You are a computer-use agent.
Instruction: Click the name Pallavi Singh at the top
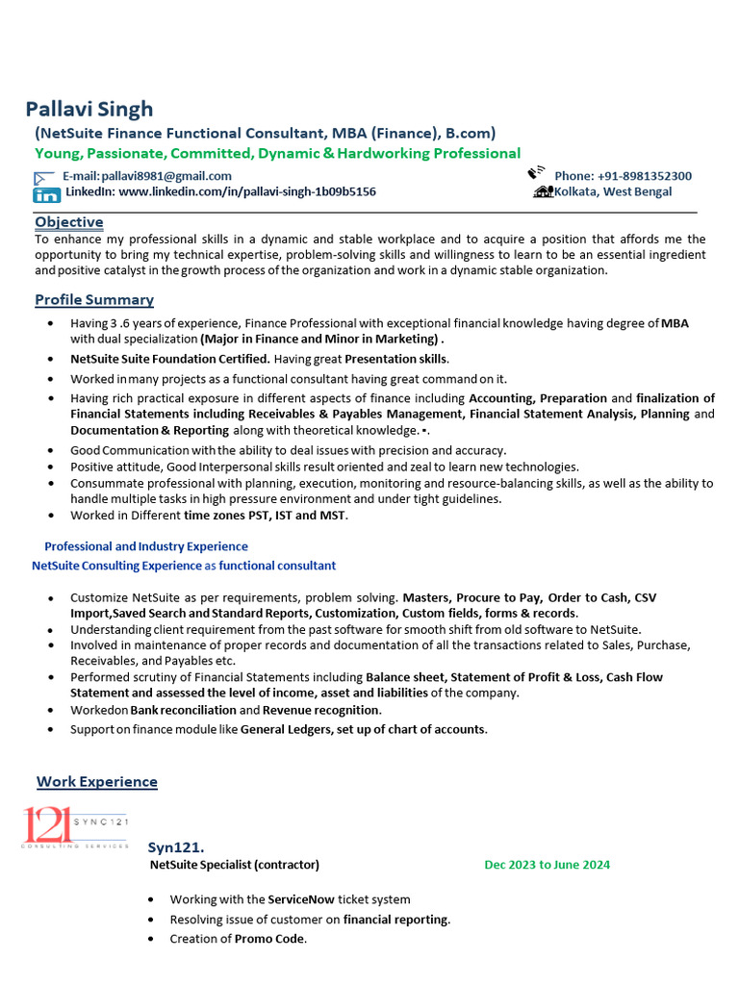89,109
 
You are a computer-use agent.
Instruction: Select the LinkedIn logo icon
46,193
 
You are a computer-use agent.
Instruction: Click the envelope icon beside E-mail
44,177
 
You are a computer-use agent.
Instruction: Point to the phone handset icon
537,173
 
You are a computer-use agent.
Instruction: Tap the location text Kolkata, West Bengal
613,192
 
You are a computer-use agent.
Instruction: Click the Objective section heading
69,222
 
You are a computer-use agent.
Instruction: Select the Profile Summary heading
94,300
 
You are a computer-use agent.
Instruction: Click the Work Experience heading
96,782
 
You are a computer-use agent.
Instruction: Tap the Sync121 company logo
75,827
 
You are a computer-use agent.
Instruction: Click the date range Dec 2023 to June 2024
547,865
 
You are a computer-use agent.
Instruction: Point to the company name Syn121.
176,847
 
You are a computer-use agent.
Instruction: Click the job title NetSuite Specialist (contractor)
235,865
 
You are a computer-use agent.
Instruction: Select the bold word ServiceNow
301,899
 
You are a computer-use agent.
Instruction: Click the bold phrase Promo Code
269,939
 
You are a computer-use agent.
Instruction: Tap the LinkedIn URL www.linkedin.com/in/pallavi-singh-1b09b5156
246,192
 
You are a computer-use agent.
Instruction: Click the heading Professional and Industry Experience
146,546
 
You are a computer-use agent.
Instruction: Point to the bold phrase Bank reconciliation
183,710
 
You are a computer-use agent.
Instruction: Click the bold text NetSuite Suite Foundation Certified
169,359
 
